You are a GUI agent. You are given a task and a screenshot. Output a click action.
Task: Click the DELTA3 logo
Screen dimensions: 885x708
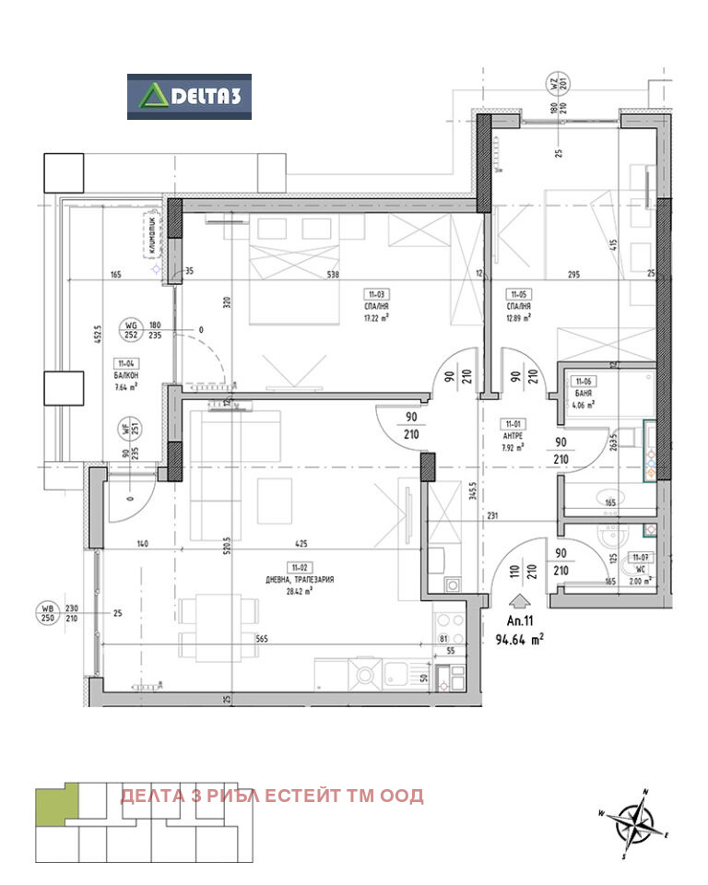(x=189, y=97)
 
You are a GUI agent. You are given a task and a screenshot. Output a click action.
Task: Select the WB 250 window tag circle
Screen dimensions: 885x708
(x=45, y=611)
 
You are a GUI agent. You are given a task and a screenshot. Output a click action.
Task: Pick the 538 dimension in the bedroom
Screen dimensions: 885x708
(x=332, y=274)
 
